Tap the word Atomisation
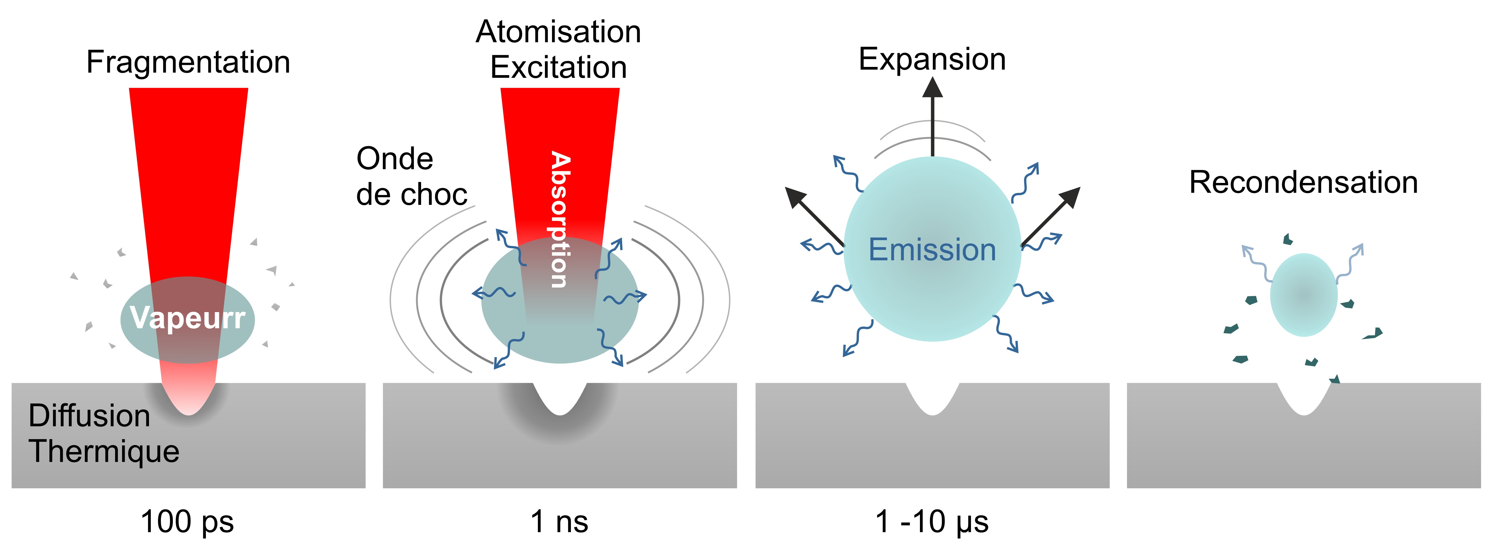click(x=558, y=32)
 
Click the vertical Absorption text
click(x=559, y=220)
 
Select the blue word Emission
click(x=932, y=250)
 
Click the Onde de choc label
click(x=411, y=177)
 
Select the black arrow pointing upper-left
click(x=813, y=214)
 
